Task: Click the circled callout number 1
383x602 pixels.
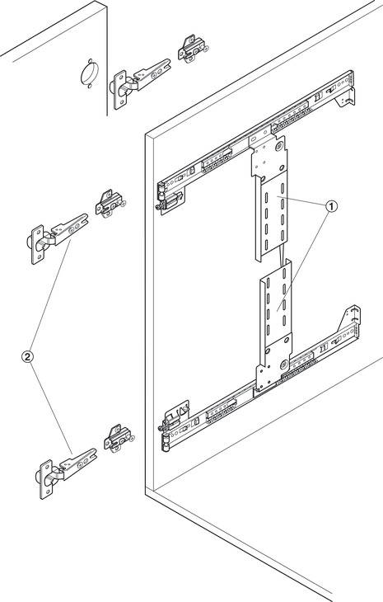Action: pyautogui.click(x=332, y=206)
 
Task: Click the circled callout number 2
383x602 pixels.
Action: pyautogui.click(x=27, y=357)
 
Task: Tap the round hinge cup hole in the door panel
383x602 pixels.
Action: pyautogui.click(x=90, y=73)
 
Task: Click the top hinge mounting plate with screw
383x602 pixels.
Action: pyautogui.click(x=193, y=48)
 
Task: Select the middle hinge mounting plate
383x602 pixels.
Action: pyautogui.click(x=110, y=203)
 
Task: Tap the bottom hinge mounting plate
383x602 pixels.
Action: pyautogui.click(x=119, y=438)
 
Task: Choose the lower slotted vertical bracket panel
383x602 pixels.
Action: pyautogui.click(x=276, y=303)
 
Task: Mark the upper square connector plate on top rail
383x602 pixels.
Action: pyautogui.click(x=269, y=157)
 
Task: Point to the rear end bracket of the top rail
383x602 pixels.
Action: pyautogui.click(x=345, y=98)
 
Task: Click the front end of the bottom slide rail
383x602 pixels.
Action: pyautogui.click(x=173, y=426)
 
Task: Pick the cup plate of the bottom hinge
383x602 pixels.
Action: pyautogui.click(x=46, y=480)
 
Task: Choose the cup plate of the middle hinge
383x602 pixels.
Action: pyautogui.click(x=38, y=245)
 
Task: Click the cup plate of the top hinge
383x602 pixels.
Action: pyautogui.click(x=120, y=90)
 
